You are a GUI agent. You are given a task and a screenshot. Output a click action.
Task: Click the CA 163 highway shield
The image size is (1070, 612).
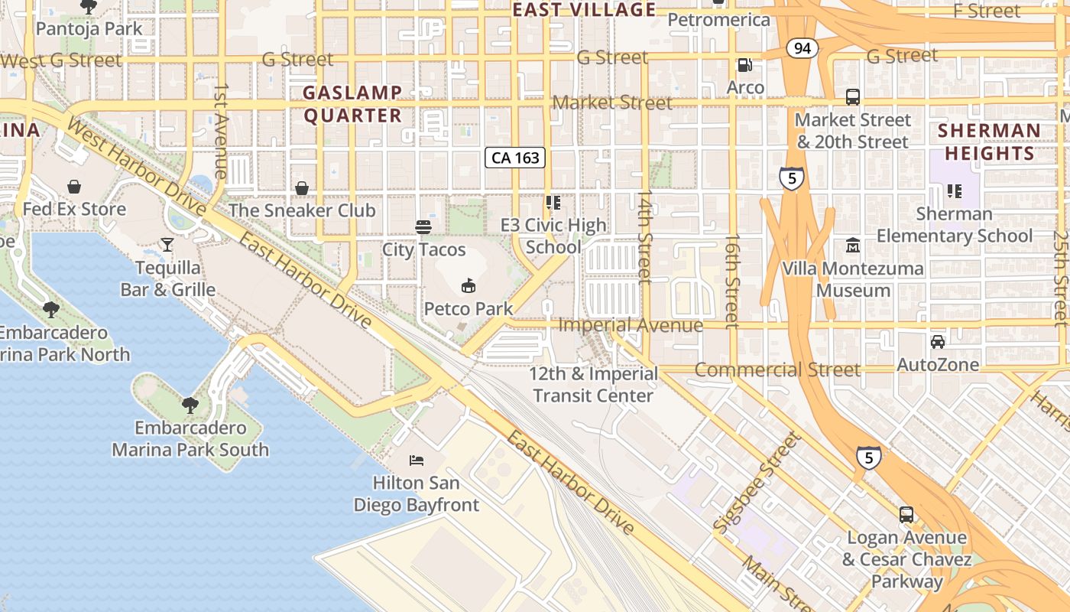click(516, 158)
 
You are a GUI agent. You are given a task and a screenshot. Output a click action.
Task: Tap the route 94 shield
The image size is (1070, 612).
click(802, 49)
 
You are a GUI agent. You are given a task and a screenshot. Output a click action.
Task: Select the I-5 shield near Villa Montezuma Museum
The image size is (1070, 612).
click(792, 179)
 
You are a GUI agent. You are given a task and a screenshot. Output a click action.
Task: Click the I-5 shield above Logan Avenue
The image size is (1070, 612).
click(868, 457)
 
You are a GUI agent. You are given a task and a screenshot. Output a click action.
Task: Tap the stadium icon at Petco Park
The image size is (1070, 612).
click(469, 286)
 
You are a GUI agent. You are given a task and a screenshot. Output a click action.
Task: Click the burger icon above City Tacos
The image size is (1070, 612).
click(423, 226)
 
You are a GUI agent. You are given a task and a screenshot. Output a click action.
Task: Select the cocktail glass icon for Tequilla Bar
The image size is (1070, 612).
click(167, 245)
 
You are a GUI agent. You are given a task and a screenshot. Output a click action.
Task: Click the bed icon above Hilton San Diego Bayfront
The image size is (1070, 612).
click(417, 460)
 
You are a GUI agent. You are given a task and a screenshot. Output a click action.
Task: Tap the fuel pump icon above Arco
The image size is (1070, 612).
click(744, 65)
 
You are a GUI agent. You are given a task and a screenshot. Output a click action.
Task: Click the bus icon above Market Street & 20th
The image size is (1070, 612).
click(853, 97)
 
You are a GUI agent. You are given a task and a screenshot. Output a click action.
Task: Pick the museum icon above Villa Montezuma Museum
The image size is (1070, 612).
click(852, 246)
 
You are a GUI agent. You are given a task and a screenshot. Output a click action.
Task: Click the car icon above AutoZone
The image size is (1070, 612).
click(938, 341)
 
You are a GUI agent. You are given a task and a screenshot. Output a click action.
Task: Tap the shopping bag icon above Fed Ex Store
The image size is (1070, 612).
click(74, 186)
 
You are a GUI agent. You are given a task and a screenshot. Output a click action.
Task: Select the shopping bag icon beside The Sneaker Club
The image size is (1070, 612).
click(302, 187)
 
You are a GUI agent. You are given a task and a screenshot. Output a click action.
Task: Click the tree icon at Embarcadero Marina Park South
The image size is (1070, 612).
click(190, 405)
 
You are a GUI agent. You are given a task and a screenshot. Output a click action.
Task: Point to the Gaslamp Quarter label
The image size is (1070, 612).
click(352, 104)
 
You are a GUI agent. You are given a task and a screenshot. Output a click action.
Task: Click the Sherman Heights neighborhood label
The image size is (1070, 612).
click(989, 142)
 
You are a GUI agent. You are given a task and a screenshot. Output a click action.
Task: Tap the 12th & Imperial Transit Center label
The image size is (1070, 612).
click(594, 385)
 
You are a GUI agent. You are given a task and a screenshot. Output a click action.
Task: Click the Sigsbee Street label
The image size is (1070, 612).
click(757, 483)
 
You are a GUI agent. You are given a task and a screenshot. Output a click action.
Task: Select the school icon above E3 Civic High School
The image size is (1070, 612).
click(553, 203)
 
